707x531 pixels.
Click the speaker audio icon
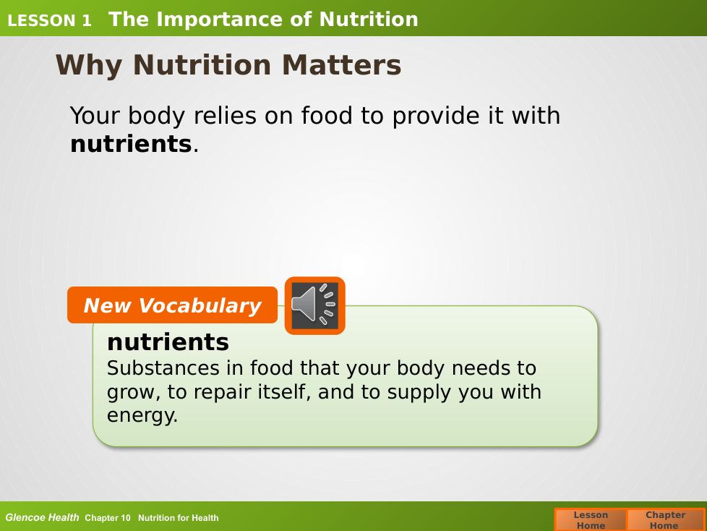(x=314, y=306)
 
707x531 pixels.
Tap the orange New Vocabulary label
(x=172, y=305)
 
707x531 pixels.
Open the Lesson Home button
(x=591, y=519)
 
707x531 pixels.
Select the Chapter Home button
(x=665, y=519)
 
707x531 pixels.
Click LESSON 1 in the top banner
(x=49, y=20)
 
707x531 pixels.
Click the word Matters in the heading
(x=341, y=65)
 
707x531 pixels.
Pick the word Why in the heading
(x=89, y=66)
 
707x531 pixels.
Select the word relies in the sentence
(x=226, y=116)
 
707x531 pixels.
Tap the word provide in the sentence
(x=437, y=116)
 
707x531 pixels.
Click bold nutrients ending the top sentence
(x=132, y=145)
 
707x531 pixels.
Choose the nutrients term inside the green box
(x=168, y=342)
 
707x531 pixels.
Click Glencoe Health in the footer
(x=42, y=518)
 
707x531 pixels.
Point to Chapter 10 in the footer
(x=107, y=518)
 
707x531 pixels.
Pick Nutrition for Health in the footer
(x=178, y=518)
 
